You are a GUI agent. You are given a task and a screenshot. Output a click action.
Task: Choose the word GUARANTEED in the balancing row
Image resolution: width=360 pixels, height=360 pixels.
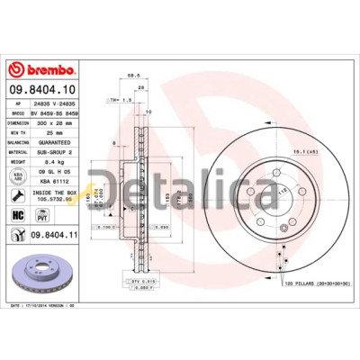(57, 143)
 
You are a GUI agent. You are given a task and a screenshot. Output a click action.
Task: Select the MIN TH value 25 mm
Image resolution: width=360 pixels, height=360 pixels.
(49, 132)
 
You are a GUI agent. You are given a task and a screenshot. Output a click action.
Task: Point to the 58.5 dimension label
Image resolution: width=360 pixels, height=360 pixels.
(132, 77)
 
